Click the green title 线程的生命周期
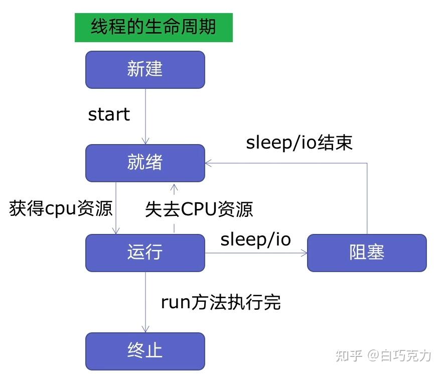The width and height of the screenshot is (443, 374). click(x=154, y=27)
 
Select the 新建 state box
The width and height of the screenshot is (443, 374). click(x=145, y=69)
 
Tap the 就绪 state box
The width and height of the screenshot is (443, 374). click(x=145, y=163)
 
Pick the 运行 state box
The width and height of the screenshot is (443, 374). click(x=145, y=253)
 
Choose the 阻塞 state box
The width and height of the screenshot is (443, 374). click(x=367, y=253)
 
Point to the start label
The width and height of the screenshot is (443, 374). click(x=109, y=114)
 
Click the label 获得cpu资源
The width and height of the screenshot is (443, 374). click(x=61, y=208)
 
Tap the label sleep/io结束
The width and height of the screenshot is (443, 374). click(x=300, y=143)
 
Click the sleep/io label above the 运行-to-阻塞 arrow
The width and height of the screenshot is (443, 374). click(x=256, y=239)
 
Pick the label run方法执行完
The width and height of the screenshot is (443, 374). click(x=221, y=302)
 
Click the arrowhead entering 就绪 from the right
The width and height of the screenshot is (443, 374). click(x=208, y=163)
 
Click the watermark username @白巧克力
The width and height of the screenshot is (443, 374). click(x=399, y=355)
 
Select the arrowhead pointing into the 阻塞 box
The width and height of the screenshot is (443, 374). click(x=304, y=253)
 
